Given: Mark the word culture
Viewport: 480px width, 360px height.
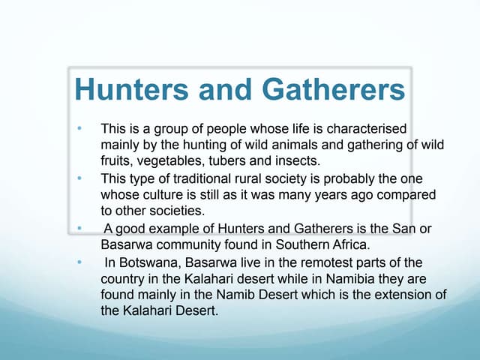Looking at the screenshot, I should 160,196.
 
